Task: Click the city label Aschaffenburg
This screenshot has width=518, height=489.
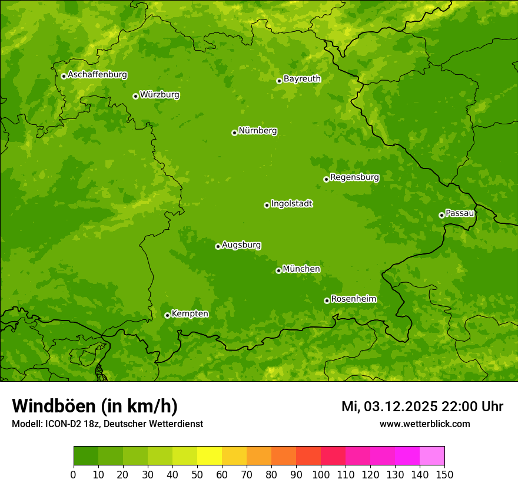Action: tap(97, 75)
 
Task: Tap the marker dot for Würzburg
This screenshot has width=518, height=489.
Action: tap(135, 96)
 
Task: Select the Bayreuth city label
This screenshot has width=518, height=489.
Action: tap(302, 79)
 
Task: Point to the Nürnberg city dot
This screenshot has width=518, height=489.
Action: tap(234, 133)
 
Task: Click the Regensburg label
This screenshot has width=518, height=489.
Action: tap(354, 177)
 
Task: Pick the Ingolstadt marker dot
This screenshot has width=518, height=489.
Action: tap(267, 205)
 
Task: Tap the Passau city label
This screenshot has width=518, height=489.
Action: tap(460, 213)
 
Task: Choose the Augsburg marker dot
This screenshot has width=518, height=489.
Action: tap(218, 246)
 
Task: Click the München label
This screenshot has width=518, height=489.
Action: tap(301, 269)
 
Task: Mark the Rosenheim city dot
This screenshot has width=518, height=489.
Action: tap(327, 300)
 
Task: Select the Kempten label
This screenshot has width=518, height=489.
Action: tap(190, 314)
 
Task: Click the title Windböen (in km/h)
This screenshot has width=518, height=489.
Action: tap(95, 406)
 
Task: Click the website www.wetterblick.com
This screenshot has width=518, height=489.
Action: tap(424, 424)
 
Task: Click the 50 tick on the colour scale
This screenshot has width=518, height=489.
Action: tap(197, 474)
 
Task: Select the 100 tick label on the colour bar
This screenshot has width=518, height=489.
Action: tap(321, 474)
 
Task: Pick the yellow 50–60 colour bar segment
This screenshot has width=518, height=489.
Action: tap(210, 455)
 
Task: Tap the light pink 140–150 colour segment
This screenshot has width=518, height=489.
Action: tap(432, 455)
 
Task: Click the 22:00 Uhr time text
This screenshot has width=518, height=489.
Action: tap(472, 407)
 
